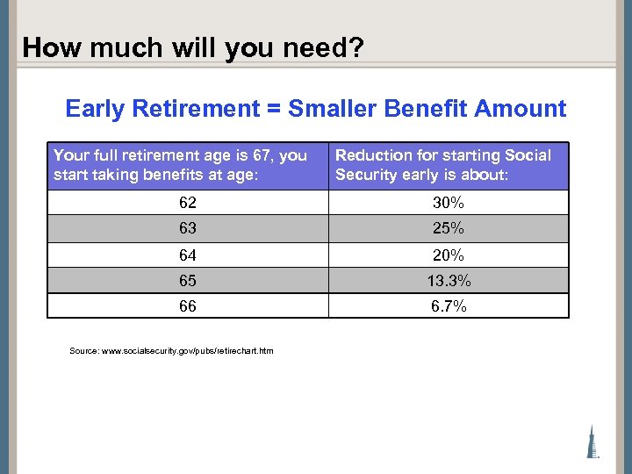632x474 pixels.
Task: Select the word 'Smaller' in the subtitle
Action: [x=330, y=109]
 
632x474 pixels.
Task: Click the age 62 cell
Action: [x=187, y=203]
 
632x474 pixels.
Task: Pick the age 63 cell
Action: [x=187, y=228]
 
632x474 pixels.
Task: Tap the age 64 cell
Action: [x=187, y=255]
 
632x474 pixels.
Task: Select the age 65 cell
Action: [x=187, y=280]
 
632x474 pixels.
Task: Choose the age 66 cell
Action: [x=187, y=305]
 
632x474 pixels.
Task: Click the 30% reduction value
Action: [x=449, y=203]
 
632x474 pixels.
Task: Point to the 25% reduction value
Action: [x=449, y=228]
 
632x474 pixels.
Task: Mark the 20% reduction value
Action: [x=449, y=255]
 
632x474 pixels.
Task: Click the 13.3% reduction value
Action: [x=449, y=280]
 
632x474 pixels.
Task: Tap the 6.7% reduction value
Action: [x=449, y=305]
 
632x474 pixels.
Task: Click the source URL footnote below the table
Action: [x=171, y=351]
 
